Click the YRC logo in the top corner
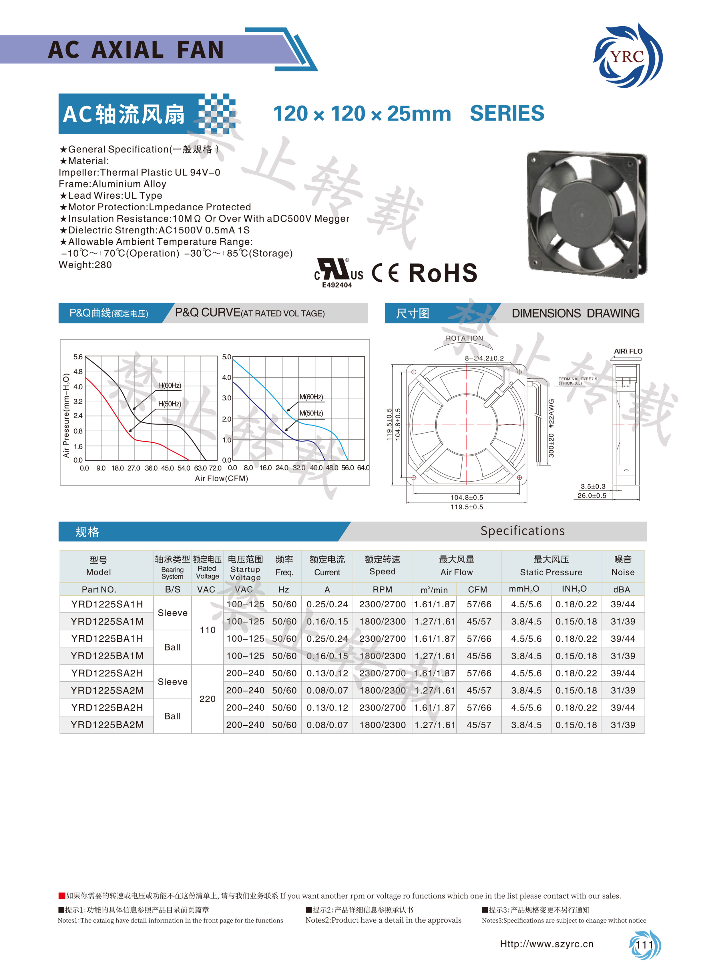pos(628,56)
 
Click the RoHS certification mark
pos(443,273)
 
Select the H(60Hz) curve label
pos(170,385)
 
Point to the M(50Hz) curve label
pos(311,413)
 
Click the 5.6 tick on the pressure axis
pos(78,357)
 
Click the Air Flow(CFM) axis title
pos(222,478)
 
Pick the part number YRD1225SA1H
pos(107,604)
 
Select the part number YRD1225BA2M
pos(107,725)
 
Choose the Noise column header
pos(623,566)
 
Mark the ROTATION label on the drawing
pos(464,338)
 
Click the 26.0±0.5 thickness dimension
pos(592,496)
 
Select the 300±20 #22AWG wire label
pos(551,428)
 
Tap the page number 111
pos(644,945)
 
